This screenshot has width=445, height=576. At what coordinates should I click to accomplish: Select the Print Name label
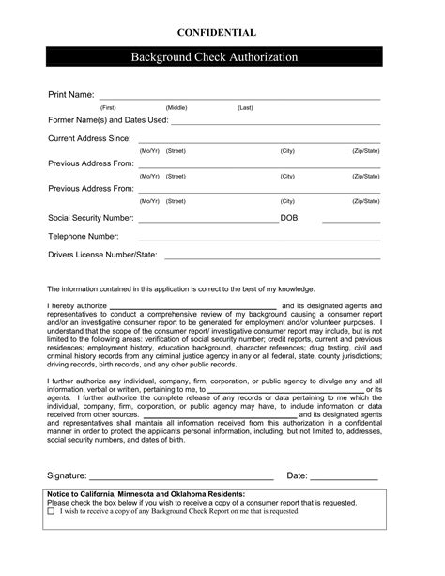[x=70, y=96]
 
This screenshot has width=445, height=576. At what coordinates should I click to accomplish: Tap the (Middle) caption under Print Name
[x=176, y=108]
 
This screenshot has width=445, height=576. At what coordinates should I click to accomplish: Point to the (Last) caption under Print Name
[x=245, y=108]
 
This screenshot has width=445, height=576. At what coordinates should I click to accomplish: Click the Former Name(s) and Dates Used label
[x=108, y=120]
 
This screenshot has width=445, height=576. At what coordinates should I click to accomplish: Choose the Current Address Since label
[x=89, y=138]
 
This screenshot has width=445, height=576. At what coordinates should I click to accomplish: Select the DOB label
[x=290, y=218]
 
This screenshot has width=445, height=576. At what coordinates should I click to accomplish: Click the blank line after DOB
[x=351, y=222]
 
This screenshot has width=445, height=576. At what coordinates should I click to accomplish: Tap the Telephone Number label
[x=84, y=236]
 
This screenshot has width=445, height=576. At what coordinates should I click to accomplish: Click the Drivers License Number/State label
[x=102, y=255]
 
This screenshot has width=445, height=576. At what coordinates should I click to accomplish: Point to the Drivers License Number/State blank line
[x=272, y=257]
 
